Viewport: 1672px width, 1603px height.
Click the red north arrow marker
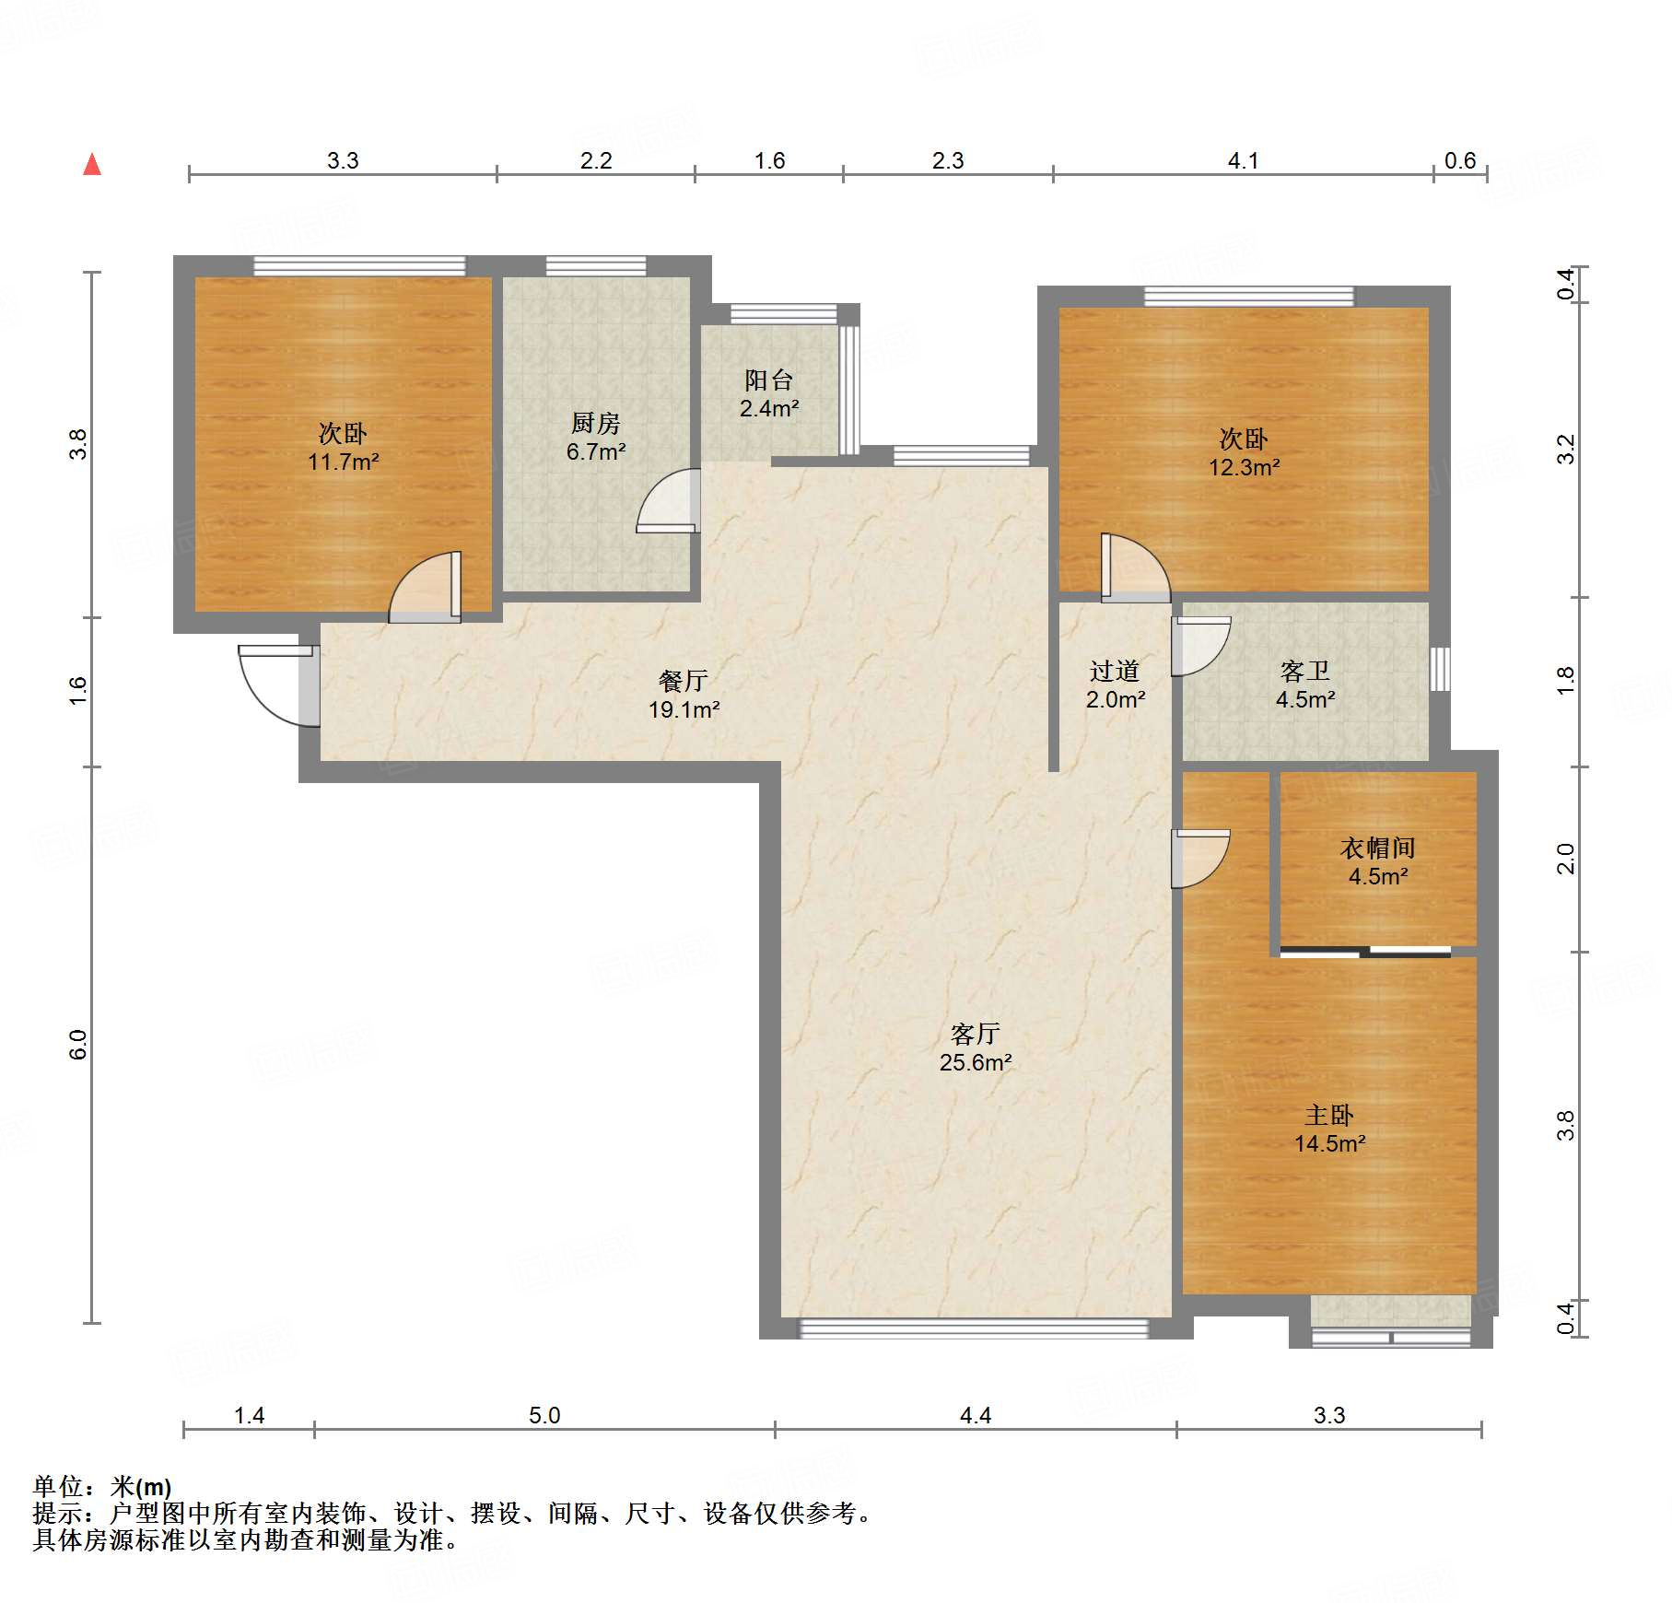[x=92, y=164]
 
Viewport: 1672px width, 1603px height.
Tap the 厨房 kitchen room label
[x=596, y=423]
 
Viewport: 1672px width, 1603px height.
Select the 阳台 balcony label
[x=769, y=380]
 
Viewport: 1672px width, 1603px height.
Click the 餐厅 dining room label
[x=684, y=681]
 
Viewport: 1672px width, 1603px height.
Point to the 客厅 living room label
[x=976, y=1034]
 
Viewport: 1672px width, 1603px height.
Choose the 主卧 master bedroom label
[x=1329, y=1115]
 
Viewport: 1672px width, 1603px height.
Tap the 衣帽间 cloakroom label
[x=1378, y=848]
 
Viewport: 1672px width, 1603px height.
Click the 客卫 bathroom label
[x=1305, y=671]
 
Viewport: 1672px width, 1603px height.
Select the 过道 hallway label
[x=1115, y=671]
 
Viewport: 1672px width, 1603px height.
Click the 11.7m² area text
[x=343, y=462]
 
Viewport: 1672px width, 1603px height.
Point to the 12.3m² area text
[x=1244, y=467]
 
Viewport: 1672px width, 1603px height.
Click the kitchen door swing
[x=669, y=500]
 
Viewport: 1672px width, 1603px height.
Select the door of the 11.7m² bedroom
[x=425, y=587]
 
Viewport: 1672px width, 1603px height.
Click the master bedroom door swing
[x=1200, y=859]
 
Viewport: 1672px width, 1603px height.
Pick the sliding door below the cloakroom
[x=1365, y=952]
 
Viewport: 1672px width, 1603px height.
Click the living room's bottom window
[x=974, y=1328]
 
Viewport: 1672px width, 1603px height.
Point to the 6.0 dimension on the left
[x=77, y=1045]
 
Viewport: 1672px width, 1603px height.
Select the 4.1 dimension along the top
[x=1243, y=160]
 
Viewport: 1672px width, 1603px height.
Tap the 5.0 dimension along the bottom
[x=544, y=1415]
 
